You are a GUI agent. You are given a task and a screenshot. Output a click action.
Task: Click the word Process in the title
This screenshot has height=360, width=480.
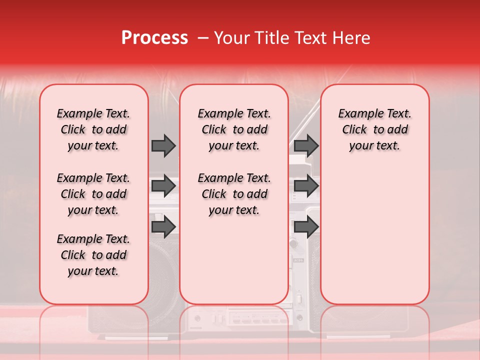tap(154, 38)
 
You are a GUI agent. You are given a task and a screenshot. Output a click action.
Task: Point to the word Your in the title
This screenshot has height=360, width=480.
tap(232, 38)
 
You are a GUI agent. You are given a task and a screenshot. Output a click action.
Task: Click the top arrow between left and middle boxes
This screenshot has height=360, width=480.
tap(163, 145)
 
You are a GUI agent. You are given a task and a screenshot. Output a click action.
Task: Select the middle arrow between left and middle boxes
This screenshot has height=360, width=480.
tap(163, 186)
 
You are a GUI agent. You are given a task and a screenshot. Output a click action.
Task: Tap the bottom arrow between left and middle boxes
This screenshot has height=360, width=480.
tap(163, 226)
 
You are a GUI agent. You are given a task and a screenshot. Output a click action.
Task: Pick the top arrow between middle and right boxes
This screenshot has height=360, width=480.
tap(306, 145)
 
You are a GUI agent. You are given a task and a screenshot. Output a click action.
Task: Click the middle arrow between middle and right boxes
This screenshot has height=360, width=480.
tap(306, 186)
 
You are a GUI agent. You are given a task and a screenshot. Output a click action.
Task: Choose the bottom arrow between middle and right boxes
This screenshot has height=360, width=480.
tap(306, 226)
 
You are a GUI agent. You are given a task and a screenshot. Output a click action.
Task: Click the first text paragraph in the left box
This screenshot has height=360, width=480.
tap(93, 129)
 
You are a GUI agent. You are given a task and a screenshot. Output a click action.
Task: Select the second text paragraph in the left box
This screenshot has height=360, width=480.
tap(93, 194)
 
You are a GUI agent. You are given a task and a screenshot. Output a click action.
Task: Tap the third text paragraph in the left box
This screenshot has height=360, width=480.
tap(93, 255)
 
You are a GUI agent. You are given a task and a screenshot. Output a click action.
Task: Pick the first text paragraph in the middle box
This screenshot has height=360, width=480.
tap(234, 129)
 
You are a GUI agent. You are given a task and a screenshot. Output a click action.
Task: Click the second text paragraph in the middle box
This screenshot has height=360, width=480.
tap(234, 194)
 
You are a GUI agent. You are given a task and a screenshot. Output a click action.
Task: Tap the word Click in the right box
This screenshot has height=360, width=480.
tap(354, 130)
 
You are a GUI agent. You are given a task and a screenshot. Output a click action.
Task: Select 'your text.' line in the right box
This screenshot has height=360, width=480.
tap(374, 146)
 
